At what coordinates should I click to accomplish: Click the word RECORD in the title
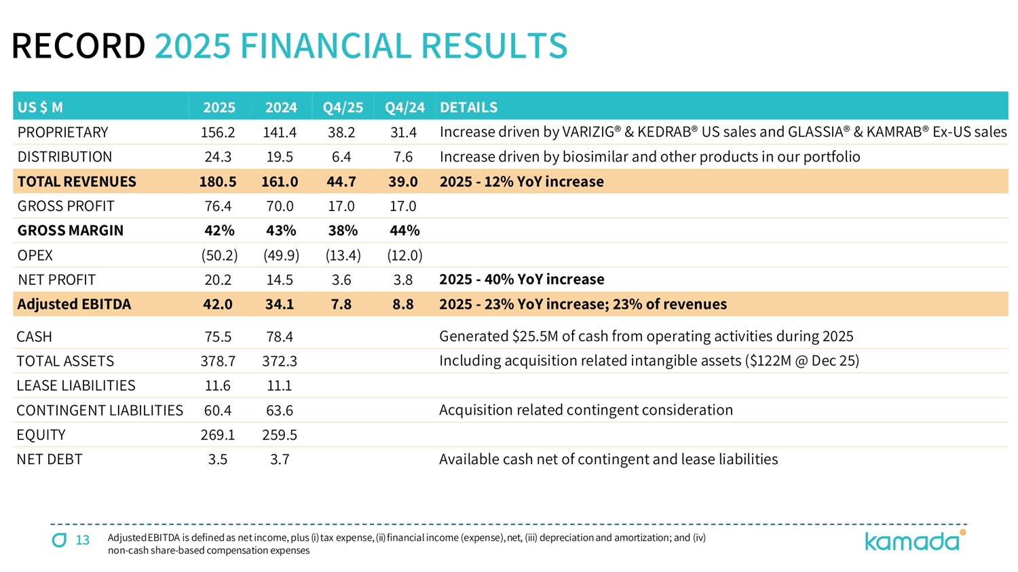78,46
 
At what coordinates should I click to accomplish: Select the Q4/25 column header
343,107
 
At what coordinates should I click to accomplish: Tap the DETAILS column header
468,107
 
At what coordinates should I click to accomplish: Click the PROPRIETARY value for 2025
218,132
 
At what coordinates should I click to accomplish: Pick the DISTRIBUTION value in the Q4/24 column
403,157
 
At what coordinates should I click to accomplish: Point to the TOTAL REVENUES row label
77,182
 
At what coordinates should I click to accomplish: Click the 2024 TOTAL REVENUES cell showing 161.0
280,182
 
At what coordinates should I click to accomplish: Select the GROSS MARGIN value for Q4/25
343,231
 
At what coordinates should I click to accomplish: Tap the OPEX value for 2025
219,255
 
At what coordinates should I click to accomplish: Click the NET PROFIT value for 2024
280,280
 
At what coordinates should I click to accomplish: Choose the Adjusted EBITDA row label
74,304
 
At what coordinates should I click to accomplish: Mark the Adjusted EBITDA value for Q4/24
403,304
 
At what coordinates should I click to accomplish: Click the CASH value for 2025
218,337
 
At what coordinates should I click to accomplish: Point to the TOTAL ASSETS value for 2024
280,361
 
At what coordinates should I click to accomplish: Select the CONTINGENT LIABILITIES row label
100,411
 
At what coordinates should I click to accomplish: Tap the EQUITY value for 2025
218,435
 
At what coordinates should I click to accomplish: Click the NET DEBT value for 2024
280,459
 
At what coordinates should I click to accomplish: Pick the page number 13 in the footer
83,540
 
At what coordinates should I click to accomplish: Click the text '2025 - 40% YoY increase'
521,280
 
